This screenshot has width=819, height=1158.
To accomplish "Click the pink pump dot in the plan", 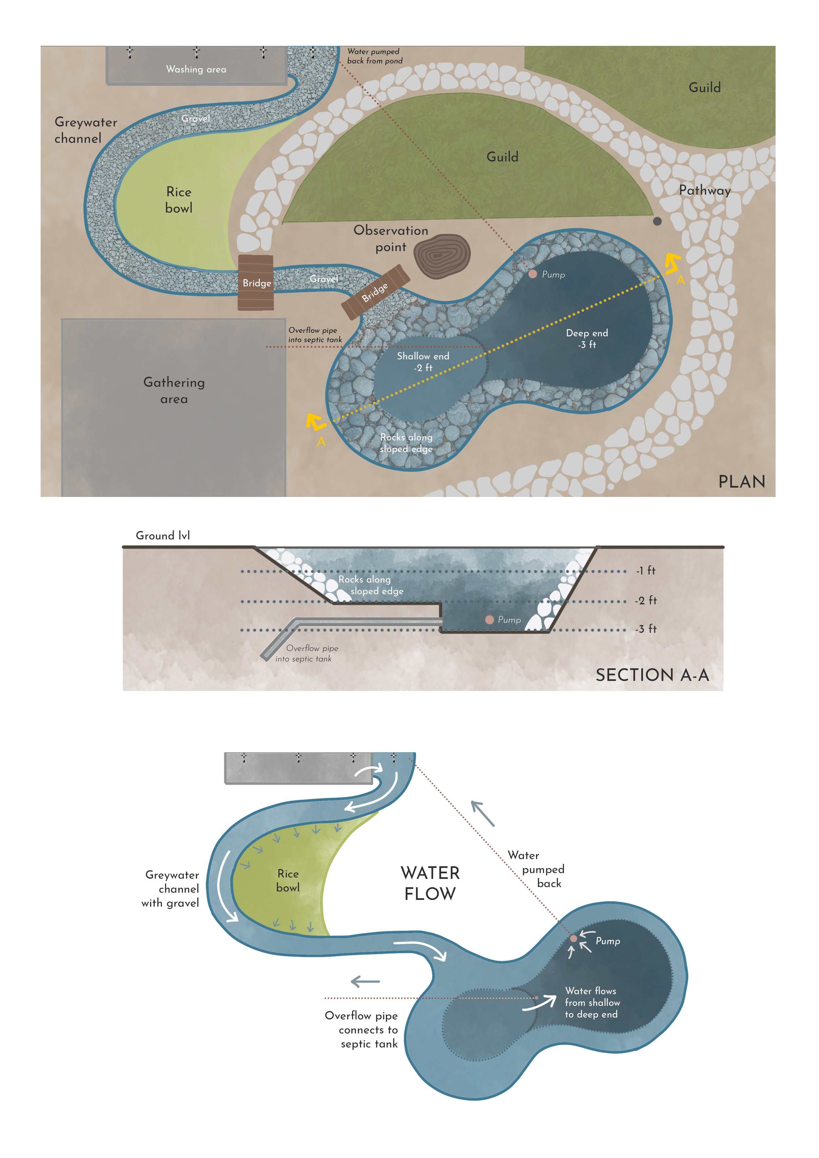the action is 533,274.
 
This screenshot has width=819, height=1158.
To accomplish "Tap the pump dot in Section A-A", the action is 489,619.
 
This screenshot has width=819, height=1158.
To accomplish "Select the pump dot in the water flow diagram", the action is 573,939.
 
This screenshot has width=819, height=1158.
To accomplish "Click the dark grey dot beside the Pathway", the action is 657,221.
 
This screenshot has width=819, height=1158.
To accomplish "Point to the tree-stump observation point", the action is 442,256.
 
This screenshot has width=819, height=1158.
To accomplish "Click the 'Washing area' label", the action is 196,69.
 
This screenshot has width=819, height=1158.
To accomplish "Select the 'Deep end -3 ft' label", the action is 587,338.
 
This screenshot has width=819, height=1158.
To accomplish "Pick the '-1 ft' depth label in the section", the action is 645,570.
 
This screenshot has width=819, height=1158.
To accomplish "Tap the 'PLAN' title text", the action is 741,482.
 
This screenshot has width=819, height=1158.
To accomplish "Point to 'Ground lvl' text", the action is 163,536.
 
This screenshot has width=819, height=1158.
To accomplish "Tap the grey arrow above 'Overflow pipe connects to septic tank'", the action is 365,981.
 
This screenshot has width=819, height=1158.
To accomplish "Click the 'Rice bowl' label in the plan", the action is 179,200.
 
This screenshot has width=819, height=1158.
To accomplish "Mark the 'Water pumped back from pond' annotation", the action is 374,56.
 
